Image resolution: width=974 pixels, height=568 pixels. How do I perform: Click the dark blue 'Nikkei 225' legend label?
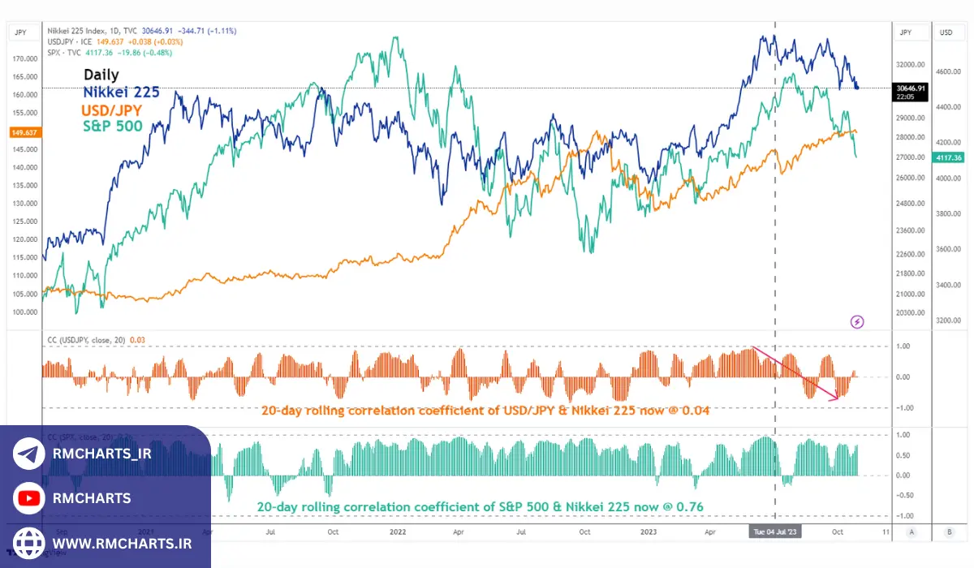tap(121, 93)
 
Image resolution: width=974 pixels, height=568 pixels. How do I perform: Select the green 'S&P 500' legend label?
tap(113, 126)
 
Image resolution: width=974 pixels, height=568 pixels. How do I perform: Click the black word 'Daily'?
tap(101, 75)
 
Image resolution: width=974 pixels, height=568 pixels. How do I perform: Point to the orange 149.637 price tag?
tap(20, 131)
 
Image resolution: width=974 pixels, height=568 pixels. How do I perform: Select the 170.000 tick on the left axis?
tap(25, 59)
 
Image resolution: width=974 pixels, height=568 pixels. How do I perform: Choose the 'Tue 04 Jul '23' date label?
tap(775, 532)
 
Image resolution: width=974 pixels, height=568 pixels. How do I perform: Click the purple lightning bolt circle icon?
tap(857, 322)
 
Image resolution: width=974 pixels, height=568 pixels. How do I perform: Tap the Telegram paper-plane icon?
tap(29, 454)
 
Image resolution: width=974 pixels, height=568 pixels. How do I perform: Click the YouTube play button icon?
tap(29, 498)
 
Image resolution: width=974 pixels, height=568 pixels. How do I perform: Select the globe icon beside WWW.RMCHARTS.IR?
tap(29, 542)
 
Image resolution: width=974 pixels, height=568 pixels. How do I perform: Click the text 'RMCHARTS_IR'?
tap(101, 454)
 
